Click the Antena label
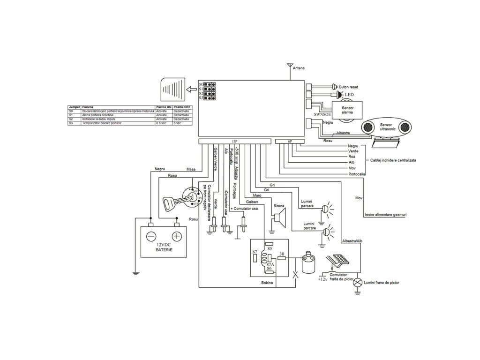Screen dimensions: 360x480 click(299, 68)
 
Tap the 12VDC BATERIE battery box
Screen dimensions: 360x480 click(164, 241)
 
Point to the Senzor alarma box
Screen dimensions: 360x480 click(347, 111)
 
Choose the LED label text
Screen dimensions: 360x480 click(350, 95)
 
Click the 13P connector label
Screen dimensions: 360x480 click(235, 141)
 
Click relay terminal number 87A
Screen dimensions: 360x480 click(270, 264)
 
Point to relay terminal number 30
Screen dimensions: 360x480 click(281, 255)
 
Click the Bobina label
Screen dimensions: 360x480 click(268, 283)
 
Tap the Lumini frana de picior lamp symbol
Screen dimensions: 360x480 click(358, 282)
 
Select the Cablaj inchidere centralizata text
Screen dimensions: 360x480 click(393, 160)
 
